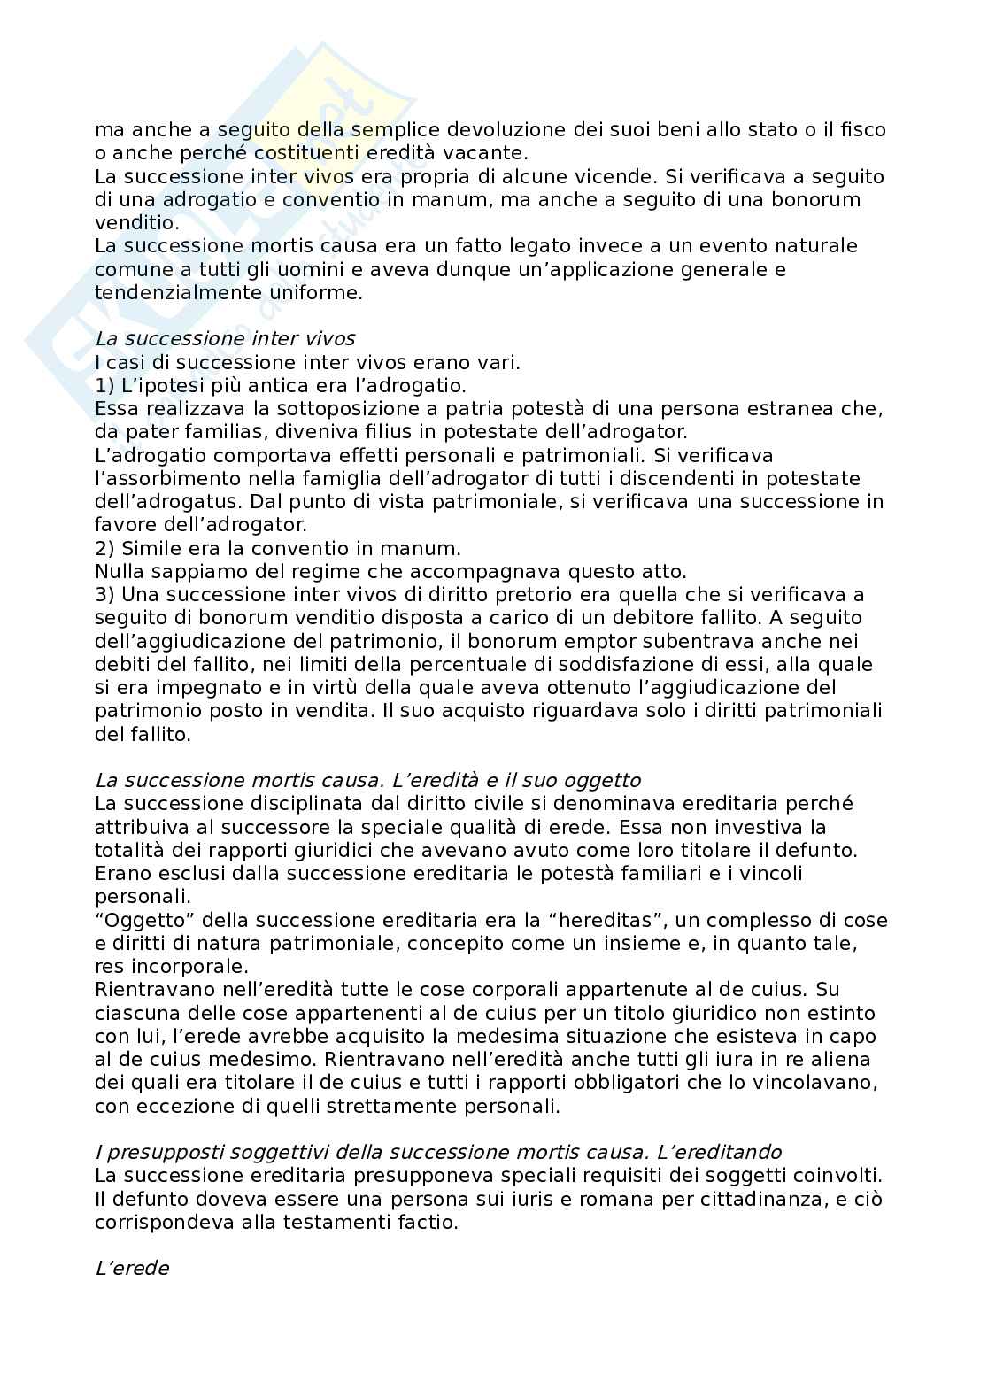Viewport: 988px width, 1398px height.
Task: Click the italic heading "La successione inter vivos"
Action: tap(225, 339)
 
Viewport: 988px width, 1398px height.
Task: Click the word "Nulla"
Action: tap(120, 571)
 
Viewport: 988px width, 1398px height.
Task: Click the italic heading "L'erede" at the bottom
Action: tap(132, 1269)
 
